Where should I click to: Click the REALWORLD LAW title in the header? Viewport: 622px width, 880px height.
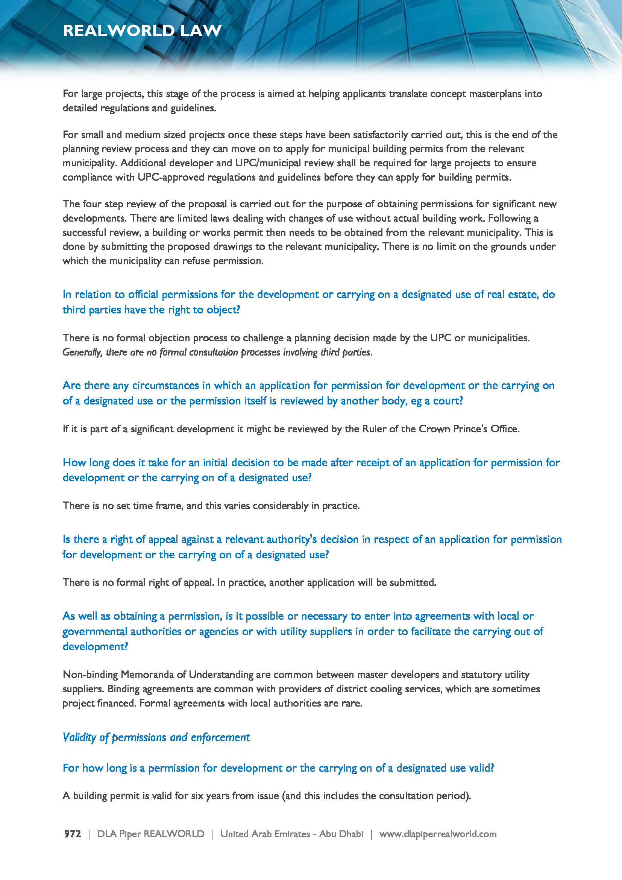pos(142,30)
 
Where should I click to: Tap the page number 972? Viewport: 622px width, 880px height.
pos(72,834)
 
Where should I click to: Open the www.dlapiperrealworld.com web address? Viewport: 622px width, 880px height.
pos(438,834)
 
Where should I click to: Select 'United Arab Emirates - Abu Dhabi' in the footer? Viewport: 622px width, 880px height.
pos(291,834)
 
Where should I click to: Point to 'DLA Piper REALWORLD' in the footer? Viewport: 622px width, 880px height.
pos(150,834)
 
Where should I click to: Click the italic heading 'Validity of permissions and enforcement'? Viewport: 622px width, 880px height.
pos(156,737)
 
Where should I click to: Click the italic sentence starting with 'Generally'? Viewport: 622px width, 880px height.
pos(217,352)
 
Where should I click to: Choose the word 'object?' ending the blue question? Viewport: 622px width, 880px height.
pos(223,310)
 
